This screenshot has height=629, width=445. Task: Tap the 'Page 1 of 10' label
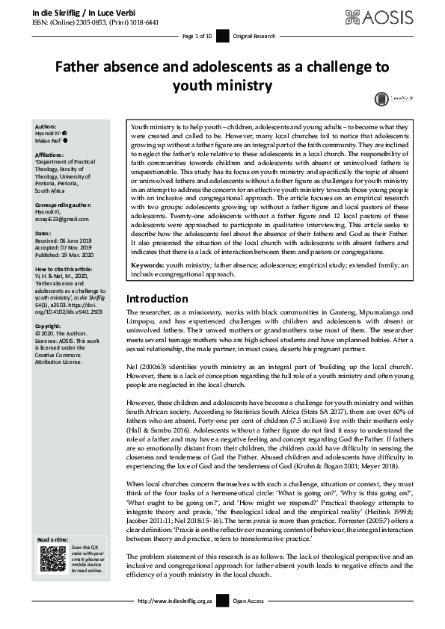click(x=197, y=36)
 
